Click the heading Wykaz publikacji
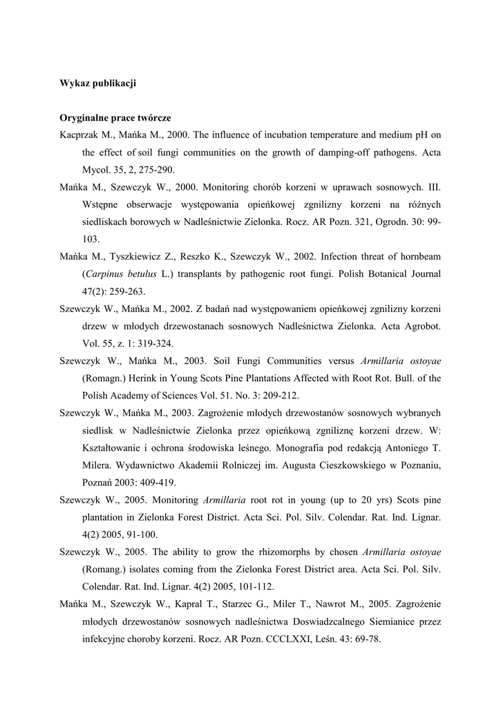[97, 84]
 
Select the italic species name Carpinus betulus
[117, 274]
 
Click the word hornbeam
[418, 257]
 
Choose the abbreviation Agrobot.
[422, 326]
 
